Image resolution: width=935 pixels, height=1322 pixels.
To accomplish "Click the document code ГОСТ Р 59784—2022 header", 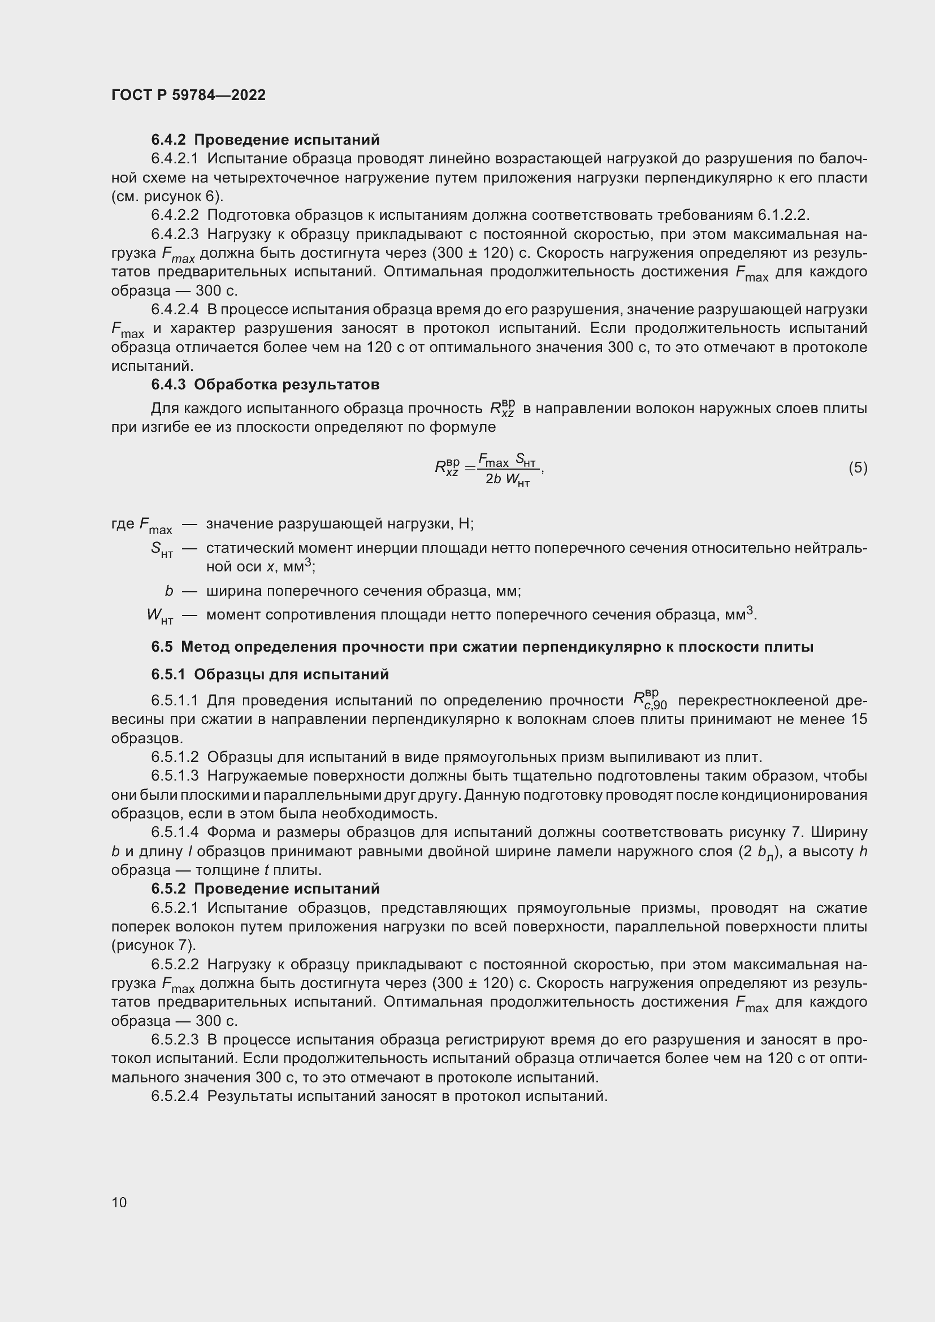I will click(188, 95).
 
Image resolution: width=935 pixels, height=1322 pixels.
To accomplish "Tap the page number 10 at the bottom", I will click(119, 1202).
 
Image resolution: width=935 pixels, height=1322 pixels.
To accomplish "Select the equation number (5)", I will click(858, 467).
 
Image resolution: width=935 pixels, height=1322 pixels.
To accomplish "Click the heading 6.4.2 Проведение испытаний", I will click(266, 140).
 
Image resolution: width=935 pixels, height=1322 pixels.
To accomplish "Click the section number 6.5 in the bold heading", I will click(162, 647).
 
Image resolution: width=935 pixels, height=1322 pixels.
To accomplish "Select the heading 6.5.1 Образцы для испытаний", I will click(270, 674).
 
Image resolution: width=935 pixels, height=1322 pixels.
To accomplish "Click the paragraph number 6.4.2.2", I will click(175, 215).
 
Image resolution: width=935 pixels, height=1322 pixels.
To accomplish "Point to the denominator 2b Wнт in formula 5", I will click(507, 480).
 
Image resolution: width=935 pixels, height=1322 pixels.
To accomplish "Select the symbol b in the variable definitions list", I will click(168, 591).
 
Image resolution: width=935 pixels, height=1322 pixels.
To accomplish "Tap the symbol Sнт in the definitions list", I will click(161, 549).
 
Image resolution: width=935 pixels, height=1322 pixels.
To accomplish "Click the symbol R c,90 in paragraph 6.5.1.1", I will click(650, 699).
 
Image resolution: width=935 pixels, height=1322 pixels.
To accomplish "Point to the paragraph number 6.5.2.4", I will click(175, 1096).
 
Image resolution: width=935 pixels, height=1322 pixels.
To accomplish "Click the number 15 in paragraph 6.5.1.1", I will click(858, 719).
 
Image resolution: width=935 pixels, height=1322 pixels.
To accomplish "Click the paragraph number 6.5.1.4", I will click(175, 832).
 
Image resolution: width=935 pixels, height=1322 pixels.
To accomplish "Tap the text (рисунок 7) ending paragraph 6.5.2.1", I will click(153, 946).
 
